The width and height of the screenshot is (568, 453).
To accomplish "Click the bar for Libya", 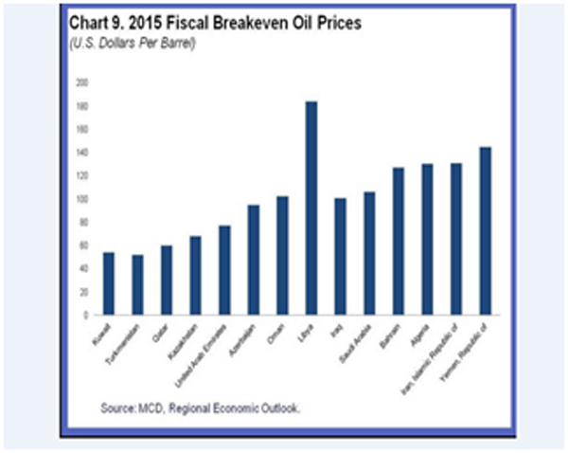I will click(x=311, y=208).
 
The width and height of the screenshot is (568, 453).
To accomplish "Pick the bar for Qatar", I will click(x=166, y=281).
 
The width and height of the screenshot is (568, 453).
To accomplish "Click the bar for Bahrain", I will click(x=399, y=241).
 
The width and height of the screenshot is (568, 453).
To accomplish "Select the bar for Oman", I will click(x=282, y=255).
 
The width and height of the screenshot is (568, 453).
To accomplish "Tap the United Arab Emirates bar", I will click(x=224, y=270).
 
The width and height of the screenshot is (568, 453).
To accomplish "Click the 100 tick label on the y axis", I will click(x=82, y=199).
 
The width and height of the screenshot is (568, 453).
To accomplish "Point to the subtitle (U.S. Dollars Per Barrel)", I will click(x=130, y=44).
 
